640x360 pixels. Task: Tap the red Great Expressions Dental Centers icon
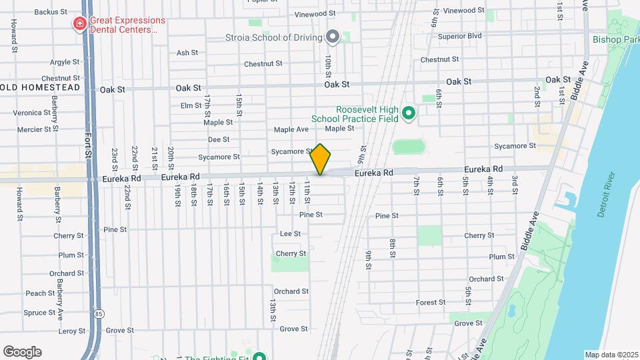pos(79,25)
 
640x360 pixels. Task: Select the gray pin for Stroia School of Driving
pos(332,37)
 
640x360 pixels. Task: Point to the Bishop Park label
pos(615,39)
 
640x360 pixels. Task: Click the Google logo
pos(22,351)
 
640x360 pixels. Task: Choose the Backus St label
pos(51,11)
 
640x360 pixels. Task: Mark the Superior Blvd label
pos(460,35)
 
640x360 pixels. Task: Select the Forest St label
pos(431,302)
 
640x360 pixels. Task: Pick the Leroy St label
pos(68,331)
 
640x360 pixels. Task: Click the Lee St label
pos(291,233)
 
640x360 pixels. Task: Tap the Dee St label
pos(219,139)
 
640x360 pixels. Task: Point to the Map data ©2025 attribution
pos(611,355)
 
